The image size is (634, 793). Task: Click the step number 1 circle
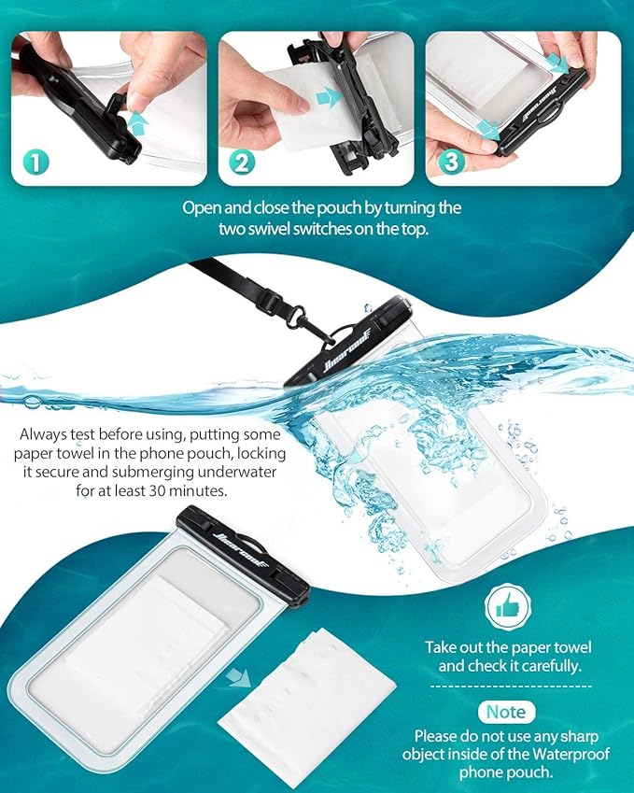pos(35,163)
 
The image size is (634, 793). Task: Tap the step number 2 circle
pos(243,163)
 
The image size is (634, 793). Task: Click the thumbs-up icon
pos(507,608)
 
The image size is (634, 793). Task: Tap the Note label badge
pos(506,712)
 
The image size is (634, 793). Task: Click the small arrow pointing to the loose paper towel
pos(240,676)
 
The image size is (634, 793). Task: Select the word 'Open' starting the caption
pos(201,207)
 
